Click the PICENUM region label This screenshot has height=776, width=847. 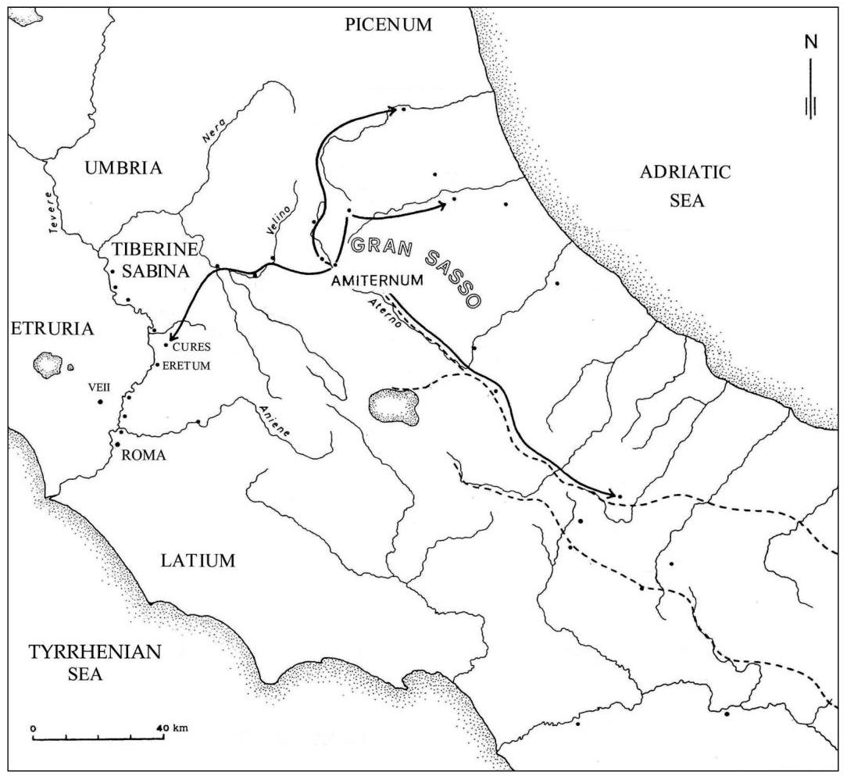(x=388, y=25)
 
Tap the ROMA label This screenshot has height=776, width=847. (x=145, y=456)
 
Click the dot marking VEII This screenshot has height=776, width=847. (x=100, y=402)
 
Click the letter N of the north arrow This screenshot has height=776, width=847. (x=812, y=42)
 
